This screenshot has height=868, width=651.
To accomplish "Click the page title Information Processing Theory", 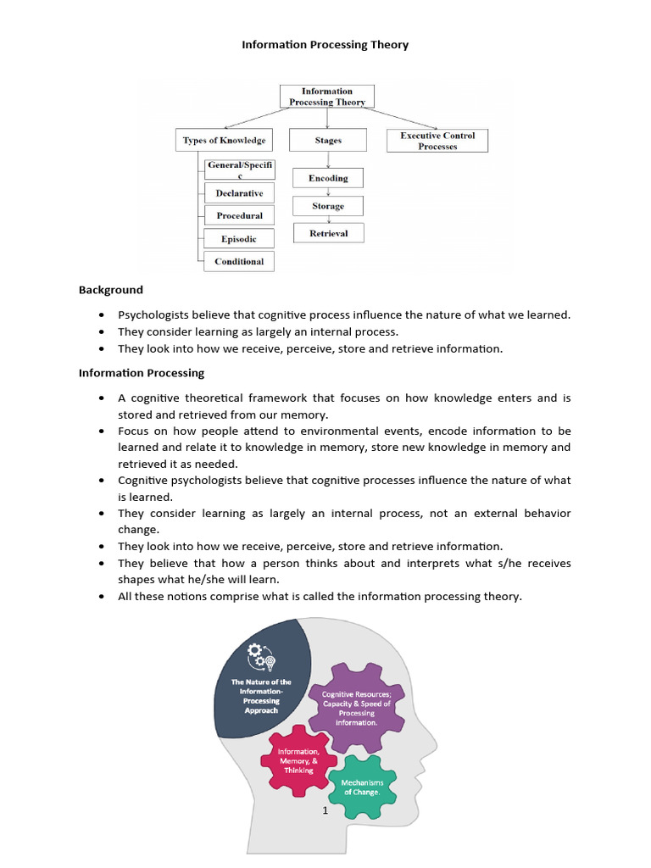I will coord(325,45).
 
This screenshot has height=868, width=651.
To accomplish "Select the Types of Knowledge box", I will coord(224,140).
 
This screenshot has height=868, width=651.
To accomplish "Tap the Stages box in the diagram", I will coord(328,140).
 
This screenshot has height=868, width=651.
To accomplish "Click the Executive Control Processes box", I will coord(437,141).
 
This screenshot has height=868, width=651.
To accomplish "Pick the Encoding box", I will coord(328,178).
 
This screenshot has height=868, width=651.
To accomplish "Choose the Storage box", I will coord(328,206).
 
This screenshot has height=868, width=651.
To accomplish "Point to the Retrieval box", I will coord(328,233).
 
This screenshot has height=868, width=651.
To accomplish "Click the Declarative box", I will coord(239,193).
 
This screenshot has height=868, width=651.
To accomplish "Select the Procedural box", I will coord(239,216).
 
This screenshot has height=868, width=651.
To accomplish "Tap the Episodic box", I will coord(239,239).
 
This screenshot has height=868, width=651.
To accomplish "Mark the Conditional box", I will coord(239,261).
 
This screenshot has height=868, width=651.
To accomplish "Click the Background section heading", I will coord(111,290).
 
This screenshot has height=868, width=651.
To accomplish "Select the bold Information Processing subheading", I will coord(142,373).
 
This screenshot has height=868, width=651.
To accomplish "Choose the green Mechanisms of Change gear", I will coord(363,787).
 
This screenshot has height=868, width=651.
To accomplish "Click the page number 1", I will coord(325,810).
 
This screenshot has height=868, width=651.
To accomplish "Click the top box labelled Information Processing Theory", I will coord(327,97).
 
